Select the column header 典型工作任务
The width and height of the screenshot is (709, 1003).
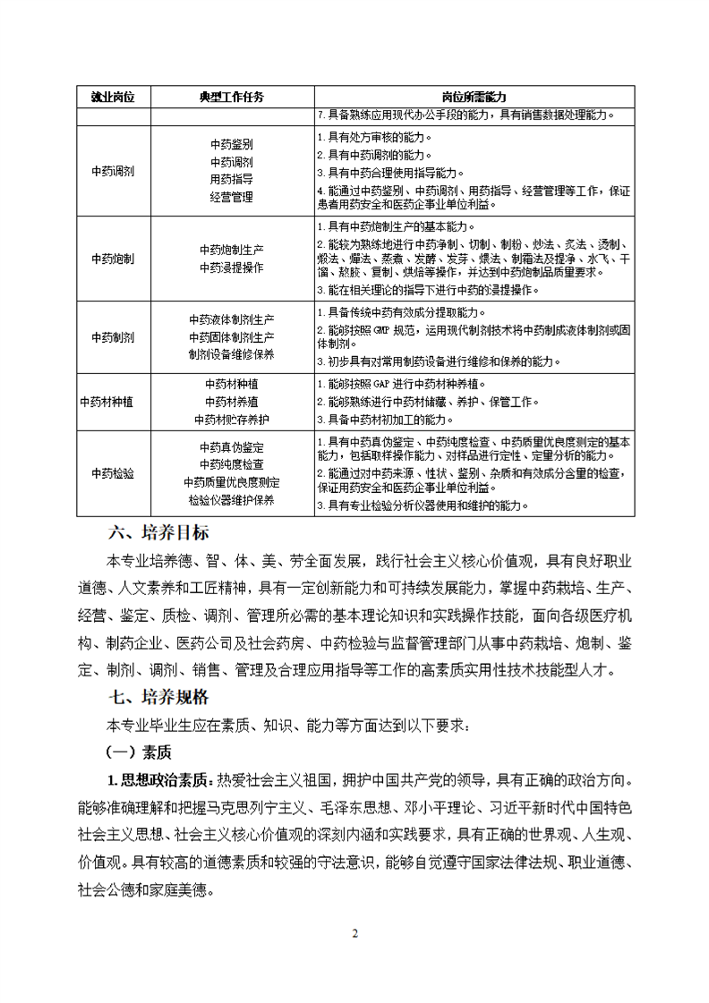pos(232,97)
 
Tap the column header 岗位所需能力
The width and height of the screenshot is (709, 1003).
pos(474,97)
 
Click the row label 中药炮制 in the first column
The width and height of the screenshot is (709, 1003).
pos(114,259)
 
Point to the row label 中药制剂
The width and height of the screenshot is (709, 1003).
pos(114,337)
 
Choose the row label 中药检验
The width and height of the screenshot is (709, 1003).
pos(114,472)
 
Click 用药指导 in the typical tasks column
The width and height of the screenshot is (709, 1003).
pos(232,179)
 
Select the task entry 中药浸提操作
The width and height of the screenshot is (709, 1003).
pos(232,268)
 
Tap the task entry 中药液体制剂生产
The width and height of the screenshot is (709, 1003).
pos(232,319)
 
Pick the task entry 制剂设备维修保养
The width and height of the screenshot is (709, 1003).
pos(232,354)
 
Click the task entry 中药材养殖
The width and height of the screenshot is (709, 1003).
pos(232,401)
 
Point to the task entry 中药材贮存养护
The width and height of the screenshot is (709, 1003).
pos(232,418)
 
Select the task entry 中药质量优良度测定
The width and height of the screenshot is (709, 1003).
pos(232,482)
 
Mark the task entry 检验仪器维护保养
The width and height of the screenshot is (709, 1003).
pos(232,499)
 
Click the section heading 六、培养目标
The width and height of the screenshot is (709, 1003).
pos(158,533)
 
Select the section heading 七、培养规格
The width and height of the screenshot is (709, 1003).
pos(158,696)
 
